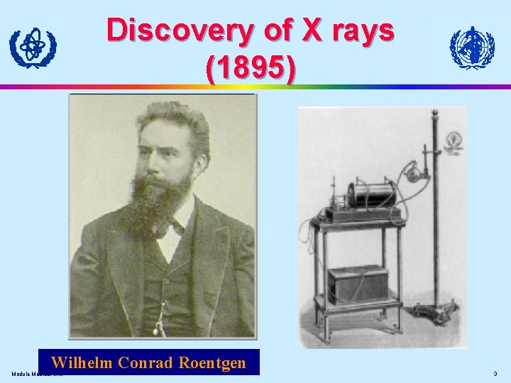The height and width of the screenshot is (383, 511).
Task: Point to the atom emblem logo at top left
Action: [x=33, y=47]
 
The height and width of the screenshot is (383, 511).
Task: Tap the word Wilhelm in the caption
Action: [x=82, y=362]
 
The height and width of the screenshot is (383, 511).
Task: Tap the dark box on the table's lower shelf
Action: [x=358, y=283]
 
